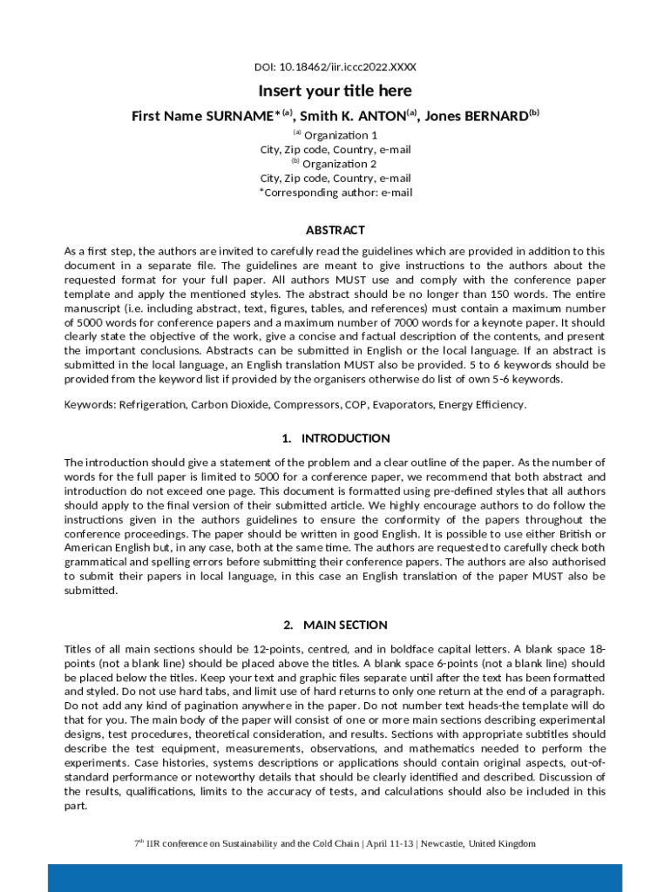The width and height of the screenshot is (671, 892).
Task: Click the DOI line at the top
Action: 335,67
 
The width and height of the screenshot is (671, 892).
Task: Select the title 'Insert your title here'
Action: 335,91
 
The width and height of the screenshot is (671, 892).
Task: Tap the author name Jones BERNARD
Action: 477,116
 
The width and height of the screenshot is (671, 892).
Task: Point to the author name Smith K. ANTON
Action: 353,116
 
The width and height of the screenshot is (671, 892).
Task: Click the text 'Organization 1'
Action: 341,135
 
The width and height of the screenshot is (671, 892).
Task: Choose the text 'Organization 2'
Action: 340,164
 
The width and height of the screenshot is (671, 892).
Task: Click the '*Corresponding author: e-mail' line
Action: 335,193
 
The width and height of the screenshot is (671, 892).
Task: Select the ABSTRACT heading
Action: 335,230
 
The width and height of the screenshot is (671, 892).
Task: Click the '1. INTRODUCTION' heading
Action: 335,438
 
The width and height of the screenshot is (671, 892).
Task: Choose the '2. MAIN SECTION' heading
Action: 335,625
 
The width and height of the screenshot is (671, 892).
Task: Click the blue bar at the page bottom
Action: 335,878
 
